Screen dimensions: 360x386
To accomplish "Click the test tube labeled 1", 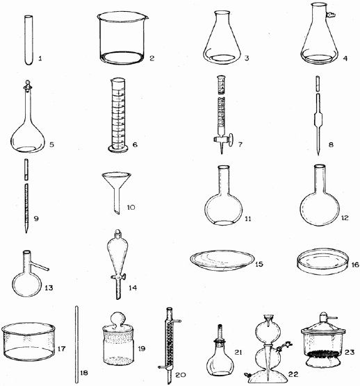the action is click(28, 40).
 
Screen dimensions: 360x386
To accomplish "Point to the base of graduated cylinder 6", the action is click(118, 148).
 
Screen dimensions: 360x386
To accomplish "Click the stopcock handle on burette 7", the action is click(231, 137).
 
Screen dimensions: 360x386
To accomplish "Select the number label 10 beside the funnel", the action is click(131, 208).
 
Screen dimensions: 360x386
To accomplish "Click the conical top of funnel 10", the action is click(116, 181).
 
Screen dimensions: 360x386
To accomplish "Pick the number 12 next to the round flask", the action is click(345, 218).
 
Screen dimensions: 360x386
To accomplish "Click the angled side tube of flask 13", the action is click(40, 267).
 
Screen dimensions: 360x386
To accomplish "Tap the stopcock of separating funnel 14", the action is click(118, 277).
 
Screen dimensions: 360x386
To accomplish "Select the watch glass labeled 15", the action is click(222, 260).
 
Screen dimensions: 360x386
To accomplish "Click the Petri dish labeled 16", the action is click(322, 262).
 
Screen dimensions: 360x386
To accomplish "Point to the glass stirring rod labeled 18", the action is click(76, 344).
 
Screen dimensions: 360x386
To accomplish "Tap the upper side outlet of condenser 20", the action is click(177, 321).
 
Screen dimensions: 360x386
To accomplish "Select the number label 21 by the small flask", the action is click(238, 352).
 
